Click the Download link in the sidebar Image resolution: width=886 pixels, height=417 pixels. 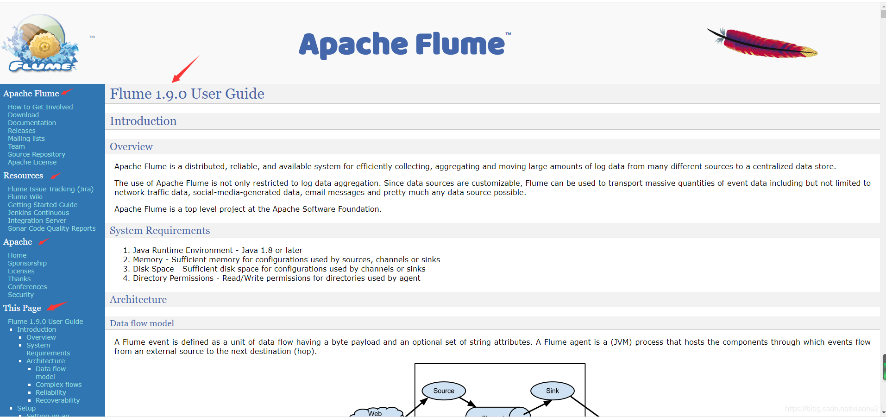(23, 115)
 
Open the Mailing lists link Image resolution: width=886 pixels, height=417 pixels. (26, 139)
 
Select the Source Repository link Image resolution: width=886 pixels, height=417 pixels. (37, 154)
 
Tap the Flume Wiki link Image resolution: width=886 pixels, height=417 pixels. (25, 197)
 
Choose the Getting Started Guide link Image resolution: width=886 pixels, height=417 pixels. (43, 205)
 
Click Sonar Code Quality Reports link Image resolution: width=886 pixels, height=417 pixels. (52, 228)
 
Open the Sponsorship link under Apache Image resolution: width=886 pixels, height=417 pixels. (27, 263)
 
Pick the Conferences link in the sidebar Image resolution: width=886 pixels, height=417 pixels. (27, 287)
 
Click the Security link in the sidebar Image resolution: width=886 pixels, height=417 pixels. (21, 295)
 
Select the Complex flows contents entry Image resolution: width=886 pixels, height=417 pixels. (59, 385)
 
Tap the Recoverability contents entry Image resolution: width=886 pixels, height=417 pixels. (58, 400)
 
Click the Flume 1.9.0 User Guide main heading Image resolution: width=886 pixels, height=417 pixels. (187, 94)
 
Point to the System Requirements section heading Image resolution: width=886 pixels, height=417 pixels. (160, 231)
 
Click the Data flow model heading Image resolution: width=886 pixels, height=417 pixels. (142, 323)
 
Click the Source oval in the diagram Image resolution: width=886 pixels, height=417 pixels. (444, 391)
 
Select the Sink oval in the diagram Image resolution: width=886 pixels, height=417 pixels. (553, 391)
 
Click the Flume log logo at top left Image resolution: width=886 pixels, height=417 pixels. (41, 44)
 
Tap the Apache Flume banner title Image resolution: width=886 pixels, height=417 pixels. (402, 44)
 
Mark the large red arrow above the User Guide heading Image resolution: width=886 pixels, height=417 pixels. (185, 69)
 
